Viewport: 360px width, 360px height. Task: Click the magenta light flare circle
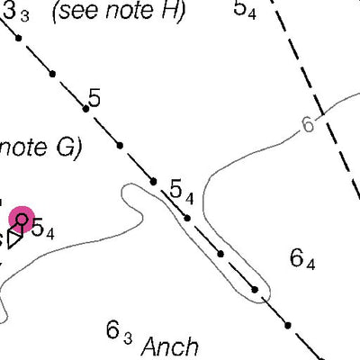tap(22, 220)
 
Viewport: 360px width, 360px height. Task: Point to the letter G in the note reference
tap(66, 148)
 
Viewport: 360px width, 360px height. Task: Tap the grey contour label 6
tap(308, 124)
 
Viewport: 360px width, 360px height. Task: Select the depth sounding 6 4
tap(302, 260)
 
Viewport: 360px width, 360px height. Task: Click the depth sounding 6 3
tap(119, 331)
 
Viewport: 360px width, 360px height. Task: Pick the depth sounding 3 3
tap(16, 12)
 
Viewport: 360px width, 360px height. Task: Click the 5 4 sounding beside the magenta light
tap(43, 229)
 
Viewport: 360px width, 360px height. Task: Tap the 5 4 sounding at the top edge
tap(245, 9)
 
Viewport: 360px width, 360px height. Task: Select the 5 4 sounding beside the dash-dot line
tap(182, 192)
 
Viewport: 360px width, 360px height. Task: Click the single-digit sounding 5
tap(94, 98)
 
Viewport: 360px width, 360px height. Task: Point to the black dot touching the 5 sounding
tap(85, 109)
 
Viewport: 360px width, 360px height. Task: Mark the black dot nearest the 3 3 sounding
tap(19, 38)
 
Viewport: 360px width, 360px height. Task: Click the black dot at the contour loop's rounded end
tap(255, 290)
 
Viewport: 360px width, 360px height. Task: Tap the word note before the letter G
tap(23, 148)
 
